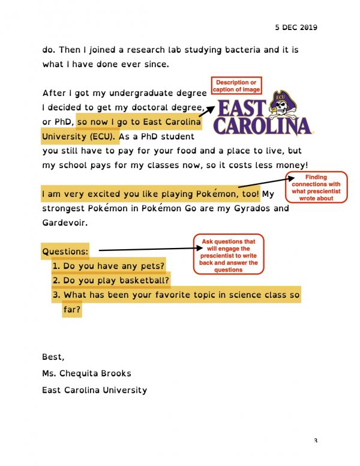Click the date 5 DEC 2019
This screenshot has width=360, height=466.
tap(296, 28)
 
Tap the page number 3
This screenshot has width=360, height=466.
tap(315, 441)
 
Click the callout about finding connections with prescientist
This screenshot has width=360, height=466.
tap(316, 187)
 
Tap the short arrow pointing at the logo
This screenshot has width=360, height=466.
tap(207, 107)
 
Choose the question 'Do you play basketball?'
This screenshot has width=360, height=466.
tap(116, 280)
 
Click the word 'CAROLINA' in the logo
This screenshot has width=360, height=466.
tap(262, 127)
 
